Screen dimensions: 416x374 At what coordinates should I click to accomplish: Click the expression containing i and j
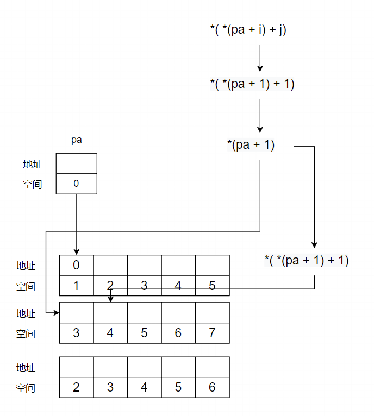pyautogui.click(x=248, y=30)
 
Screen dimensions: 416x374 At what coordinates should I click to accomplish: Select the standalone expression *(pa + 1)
pyautogui.click(x=251, y=145)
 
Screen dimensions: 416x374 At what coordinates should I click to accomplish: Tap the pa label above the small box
pyautogui.click(x=77, y=140)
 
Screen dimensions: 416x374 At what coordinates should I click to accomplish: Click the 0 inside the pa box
pyautogui.click(x=76, y=184)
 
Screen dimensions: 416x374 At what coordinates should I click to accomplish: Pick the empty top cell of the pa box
pyautogui.click(x=76, y=163)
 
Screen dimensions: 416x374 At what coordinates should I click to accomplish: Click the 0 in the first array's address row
pyautogui.click(x=76, y=265)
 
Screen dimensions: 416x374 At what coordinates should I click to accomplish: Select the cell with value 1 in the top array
pyautogui.click(x=76, y=286)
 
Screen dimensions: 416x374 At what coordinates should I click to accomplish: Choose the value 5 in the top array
pyautogui.click(x=212, y=286)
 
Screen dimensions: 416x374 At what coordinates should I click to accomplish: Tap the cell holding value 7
pyautogui.click(x=212, y=333)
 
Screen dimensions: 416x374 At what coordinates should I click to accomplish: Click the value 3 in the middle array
pyautogui.click(x=76, y=333)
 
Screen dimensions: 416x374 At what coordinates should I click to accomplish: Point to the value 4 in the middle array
pyautogui.click(x=110, y=333)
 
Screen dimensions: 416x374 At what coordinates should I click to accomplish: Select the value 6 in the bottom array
pyautogui.click(x=212, y=387)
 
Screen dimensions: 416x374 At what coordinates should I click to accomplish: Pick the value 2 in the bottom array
pyautogui.click(x=76, y=387)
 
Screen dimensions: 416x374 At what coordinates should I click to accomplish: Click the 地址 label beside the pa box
pyautogui.click(x=33, y=164)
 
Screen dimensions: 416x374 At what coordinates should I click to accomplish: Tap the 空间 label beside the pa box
pyautogui.click(x=33, y=184)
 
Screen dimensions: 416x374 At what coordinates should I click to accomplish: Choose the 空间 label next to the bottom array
pyautogui.click(x=26, y=388)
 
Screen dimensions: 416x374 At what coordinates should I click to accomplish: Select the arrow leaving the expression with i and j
pyautogui.click(x=260, y=58)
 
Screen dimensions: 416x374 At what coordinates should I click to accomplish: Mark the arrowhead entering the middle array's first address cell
pyautogui.click(x=56, y=313)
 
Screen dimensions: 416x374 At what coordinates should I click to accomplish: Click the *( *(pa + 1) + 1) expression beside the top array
pyautogui.click(x=307, y=260)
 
